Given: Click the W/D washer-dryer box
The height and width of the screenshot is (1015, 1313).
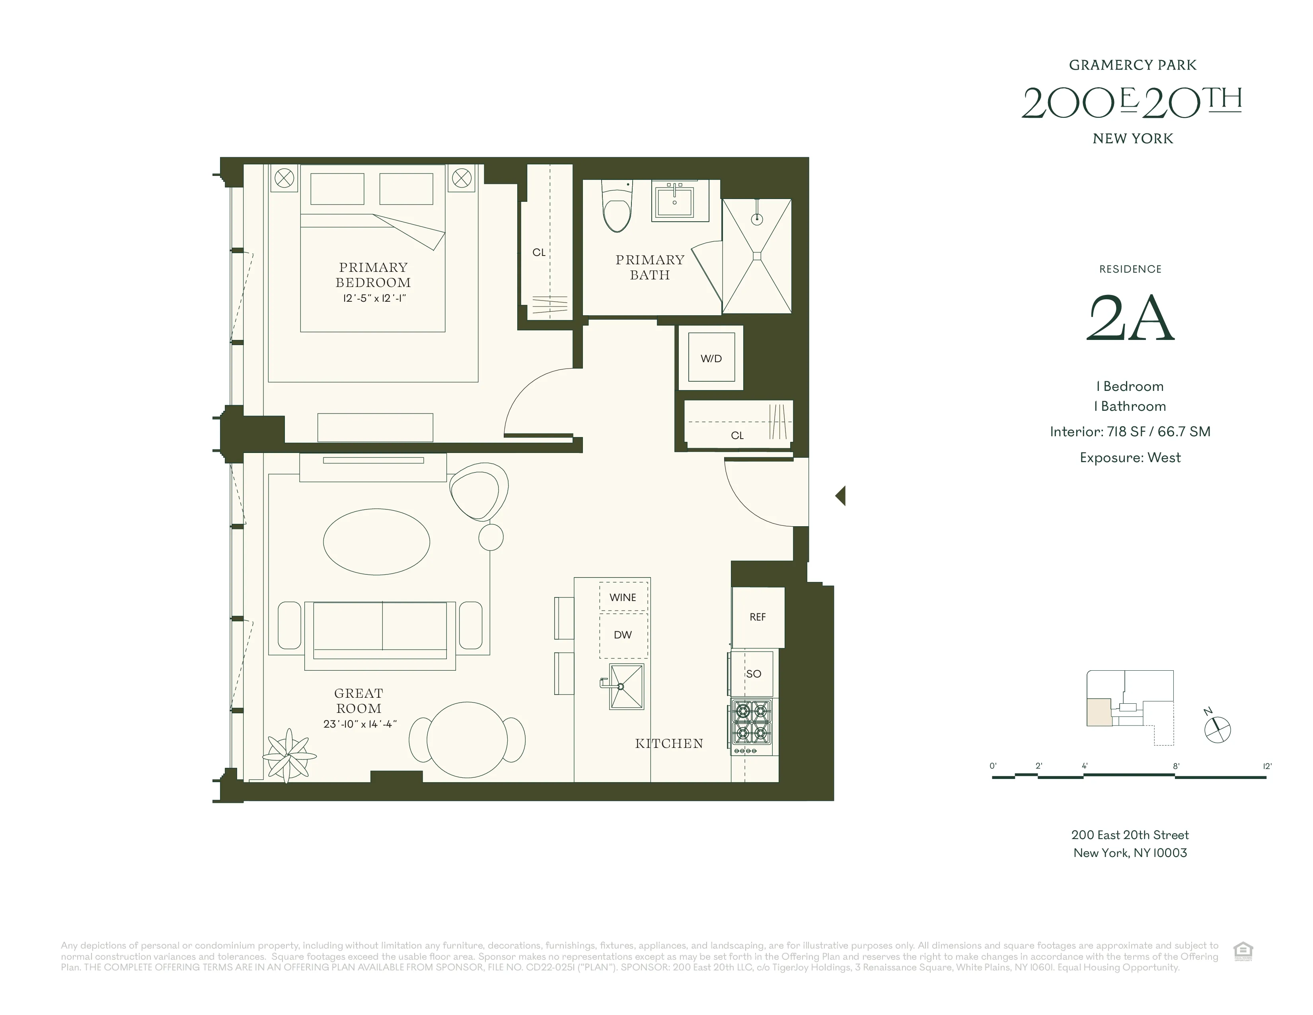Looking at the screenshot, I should point(711,358).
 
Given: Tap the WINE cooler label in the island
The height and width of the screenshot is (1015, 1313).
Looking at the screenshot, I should point(623,597).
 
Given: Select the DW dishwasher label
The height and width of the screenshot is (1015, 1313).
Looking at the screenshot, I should point(623,634).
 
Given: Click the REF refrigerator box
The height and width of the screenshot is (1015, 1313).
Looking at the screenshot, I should point(758,617).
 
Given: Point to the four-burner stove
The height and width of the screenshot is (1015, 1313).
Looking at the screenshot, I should point(752,726).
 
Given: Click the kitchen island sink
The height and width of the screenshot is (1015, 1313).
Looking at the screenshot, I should point(626,687).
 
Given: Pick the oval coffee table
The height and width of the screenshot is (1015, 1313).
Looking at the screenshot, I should point(376,542).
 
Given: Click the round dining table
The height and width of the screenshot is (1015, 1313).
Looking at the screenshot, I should point(467,740).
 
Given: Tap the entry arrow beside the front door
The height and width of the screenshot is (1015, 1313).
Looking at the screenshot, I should point(840,496).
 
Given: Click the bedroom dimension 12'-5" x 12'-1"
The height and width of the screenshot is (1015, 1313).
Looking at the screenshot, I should point(374,298).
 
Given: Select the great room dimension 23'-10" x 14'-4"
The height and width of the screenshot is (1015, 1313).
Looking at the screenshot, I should point(360,724).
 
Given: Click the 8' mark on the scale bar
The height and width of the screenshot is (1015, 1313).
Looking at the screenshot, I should point(1176,766).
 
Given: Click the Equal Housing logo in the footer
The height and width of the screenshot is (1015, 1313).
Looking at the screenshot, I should point(1243,952).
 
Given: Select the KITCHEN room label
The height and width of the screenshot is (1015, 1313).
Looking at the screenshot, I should point(668,744).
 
